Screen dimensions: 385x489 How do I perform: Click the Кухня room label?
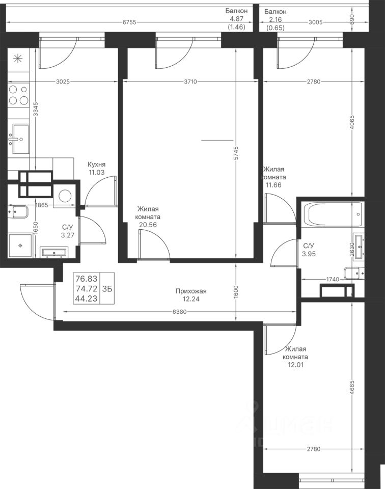(96, 165)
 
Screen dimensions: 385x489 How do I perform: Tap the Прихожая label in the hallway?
(191, 291)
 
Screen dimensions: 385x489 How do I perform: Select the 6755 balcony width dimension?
(129, 22)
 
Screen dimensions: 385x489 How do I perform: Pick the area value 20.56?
(149, 225)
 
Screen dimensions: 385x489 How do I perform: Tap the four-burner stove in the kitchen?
(18, 95)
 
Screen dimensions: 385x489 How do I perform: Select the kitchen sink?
(20, 139)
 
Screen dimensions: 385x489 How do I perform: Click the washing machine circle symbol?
(66, 196)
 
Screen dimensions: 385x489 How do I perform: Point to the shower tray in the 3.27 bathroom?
(20, 246)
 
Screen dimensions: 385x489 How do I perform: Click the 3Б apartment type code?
(107, 289)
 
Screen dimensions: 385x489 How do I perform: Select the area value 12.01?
(295, 365)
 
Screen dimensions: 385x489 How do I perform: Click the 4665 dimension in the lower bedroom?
(352, 388)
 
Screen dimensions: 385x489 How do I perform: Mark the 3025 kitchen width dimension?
(63, 81)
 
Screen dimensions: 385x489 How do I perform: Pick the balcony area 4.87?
(237, 19)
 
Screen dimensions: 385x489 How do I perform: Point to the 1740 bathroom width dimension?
(333, 279)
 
